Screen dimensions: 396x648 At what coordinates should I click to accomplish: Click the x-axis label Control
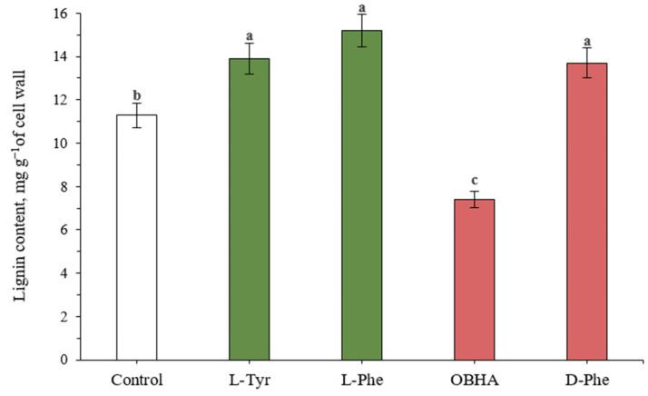137,379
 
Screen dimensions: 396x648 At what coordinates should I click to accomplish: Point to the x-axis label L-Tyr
249,379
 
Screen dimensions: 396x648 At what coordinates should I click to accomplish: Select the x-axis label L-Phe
361,379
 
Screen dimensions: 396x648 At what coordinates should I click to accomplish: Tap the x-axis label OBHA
474,379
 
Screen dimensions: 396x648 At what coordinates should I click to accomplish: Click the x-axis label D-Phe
586,379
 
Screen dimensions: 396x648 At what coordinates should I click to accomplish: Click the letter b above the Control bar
137,94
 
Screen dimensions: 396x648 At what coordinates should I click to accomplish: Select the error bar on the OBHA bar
474,200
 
